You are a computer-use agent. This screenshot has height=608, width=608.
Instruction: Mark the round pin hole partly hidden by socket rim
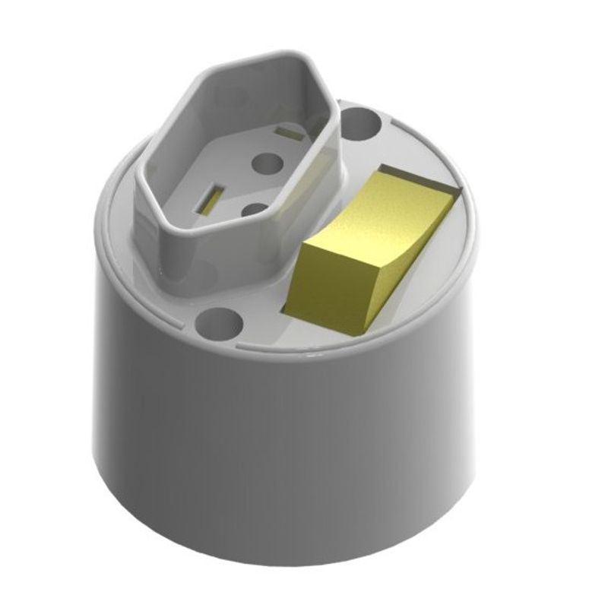click(x=257, y=209)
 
